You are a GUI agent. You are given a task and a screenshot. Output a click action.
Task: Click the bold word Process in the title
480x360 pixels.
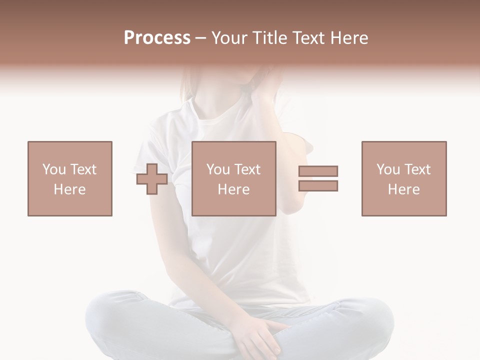click(x=157, y=38)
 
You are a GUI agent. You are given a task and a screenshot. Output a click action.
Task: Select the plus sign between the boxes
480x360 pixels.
click(x=152, y=179)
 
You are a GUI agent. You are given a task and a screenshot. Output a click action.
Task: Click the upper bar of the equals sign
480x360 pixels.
click(x=318, y=171)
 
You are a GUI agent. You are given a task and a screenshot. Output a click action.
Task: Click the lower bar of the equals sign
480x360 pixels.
click(x=318, y=185)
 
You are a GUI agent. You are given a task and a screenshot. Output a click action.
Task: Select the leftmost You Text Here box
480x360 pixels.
click(x=70, y=178)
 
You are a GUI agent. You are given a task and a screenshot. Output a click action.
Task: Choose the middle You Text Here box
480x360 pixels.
click(x=234, y=178)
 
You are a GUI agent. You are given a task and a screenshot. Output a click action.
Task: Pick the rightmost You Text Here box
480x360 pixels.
click(x=404, y=178)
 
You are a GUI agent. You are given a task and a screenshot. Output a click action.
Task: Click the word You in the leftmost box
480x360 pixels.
click(x=53, y=169)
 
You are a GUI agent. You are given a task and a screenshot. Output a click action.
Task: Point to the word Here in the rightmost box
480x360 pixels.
click(x=404, y=189)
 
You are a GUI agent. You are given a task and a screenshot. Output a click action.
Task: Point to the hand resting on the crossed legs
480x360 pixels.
click(x=260, y=337)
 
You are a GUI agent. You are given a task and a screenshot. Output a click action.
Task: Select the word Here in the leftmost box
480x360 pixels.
click(x=70, y=189)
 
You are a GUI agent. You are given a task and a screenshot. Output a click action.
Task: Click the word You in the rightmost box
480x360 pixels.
click(x=388, y=169)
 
